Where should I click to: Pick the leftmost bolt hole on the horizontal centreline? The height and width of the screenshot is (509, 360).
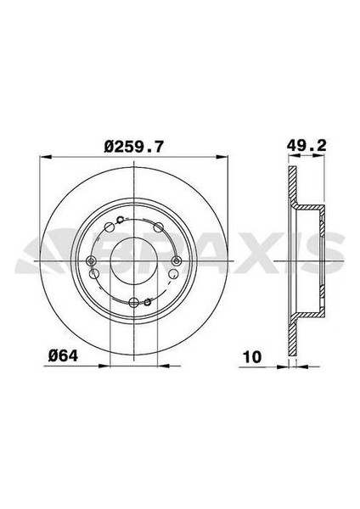[x=92, y=260]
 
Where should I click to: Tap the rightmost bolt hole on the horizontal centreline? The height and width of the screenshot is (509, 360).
[x=177, y=260]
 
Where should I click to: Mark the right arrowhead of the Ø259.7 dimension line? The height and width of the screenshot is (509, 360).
[x=227, y=157]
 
